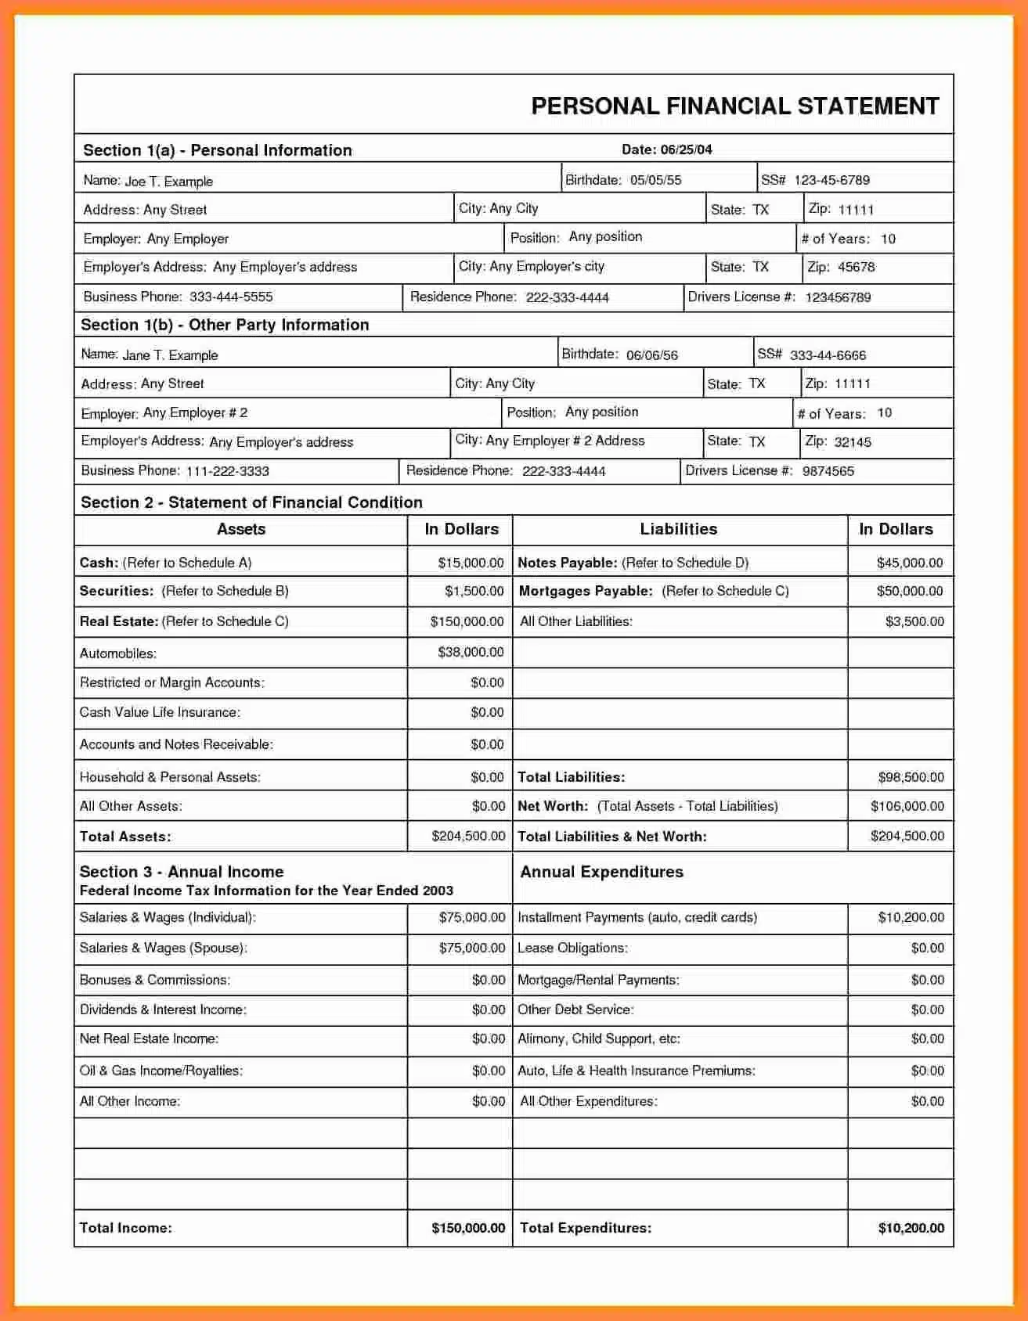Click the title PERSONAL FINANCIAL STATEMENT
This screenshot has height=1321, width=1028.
734,106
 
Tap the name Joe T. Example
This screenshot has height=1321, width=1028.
168,182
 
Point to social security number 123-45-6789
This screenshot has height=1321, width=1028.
831,180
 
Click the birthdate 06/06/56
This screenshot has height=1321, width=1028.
651,355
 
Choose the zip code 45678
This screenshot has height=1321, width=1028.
856,267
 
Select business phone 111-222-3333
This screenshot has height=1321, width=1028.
227,471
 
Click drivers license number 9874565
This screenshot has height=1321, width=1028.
828,471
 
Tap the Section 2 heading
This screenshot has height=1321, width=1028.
251,502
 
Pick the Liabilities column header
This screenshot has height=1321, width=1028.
678,529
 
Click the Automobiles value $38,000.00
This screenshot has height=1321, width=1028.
471,652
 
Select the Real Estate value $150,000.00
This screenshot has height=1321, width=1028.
467,621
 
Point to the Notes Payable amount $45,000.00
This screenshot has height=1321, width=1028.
909,563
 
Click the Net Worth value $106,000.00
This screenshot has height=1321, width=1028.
907,806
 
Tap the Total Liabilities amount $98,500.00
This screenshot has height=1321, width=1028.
911,777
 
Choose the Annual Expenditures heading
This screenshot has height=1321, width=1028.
601,872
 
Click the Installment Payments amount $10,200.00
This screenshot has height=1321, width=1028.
911,917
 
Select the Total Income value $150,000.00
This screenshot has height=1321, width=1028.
468,1228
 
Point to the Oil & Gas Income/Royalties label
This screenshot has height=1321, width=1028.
161,1071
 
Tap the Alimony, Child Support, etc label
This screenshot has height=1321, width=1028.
598,1039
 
